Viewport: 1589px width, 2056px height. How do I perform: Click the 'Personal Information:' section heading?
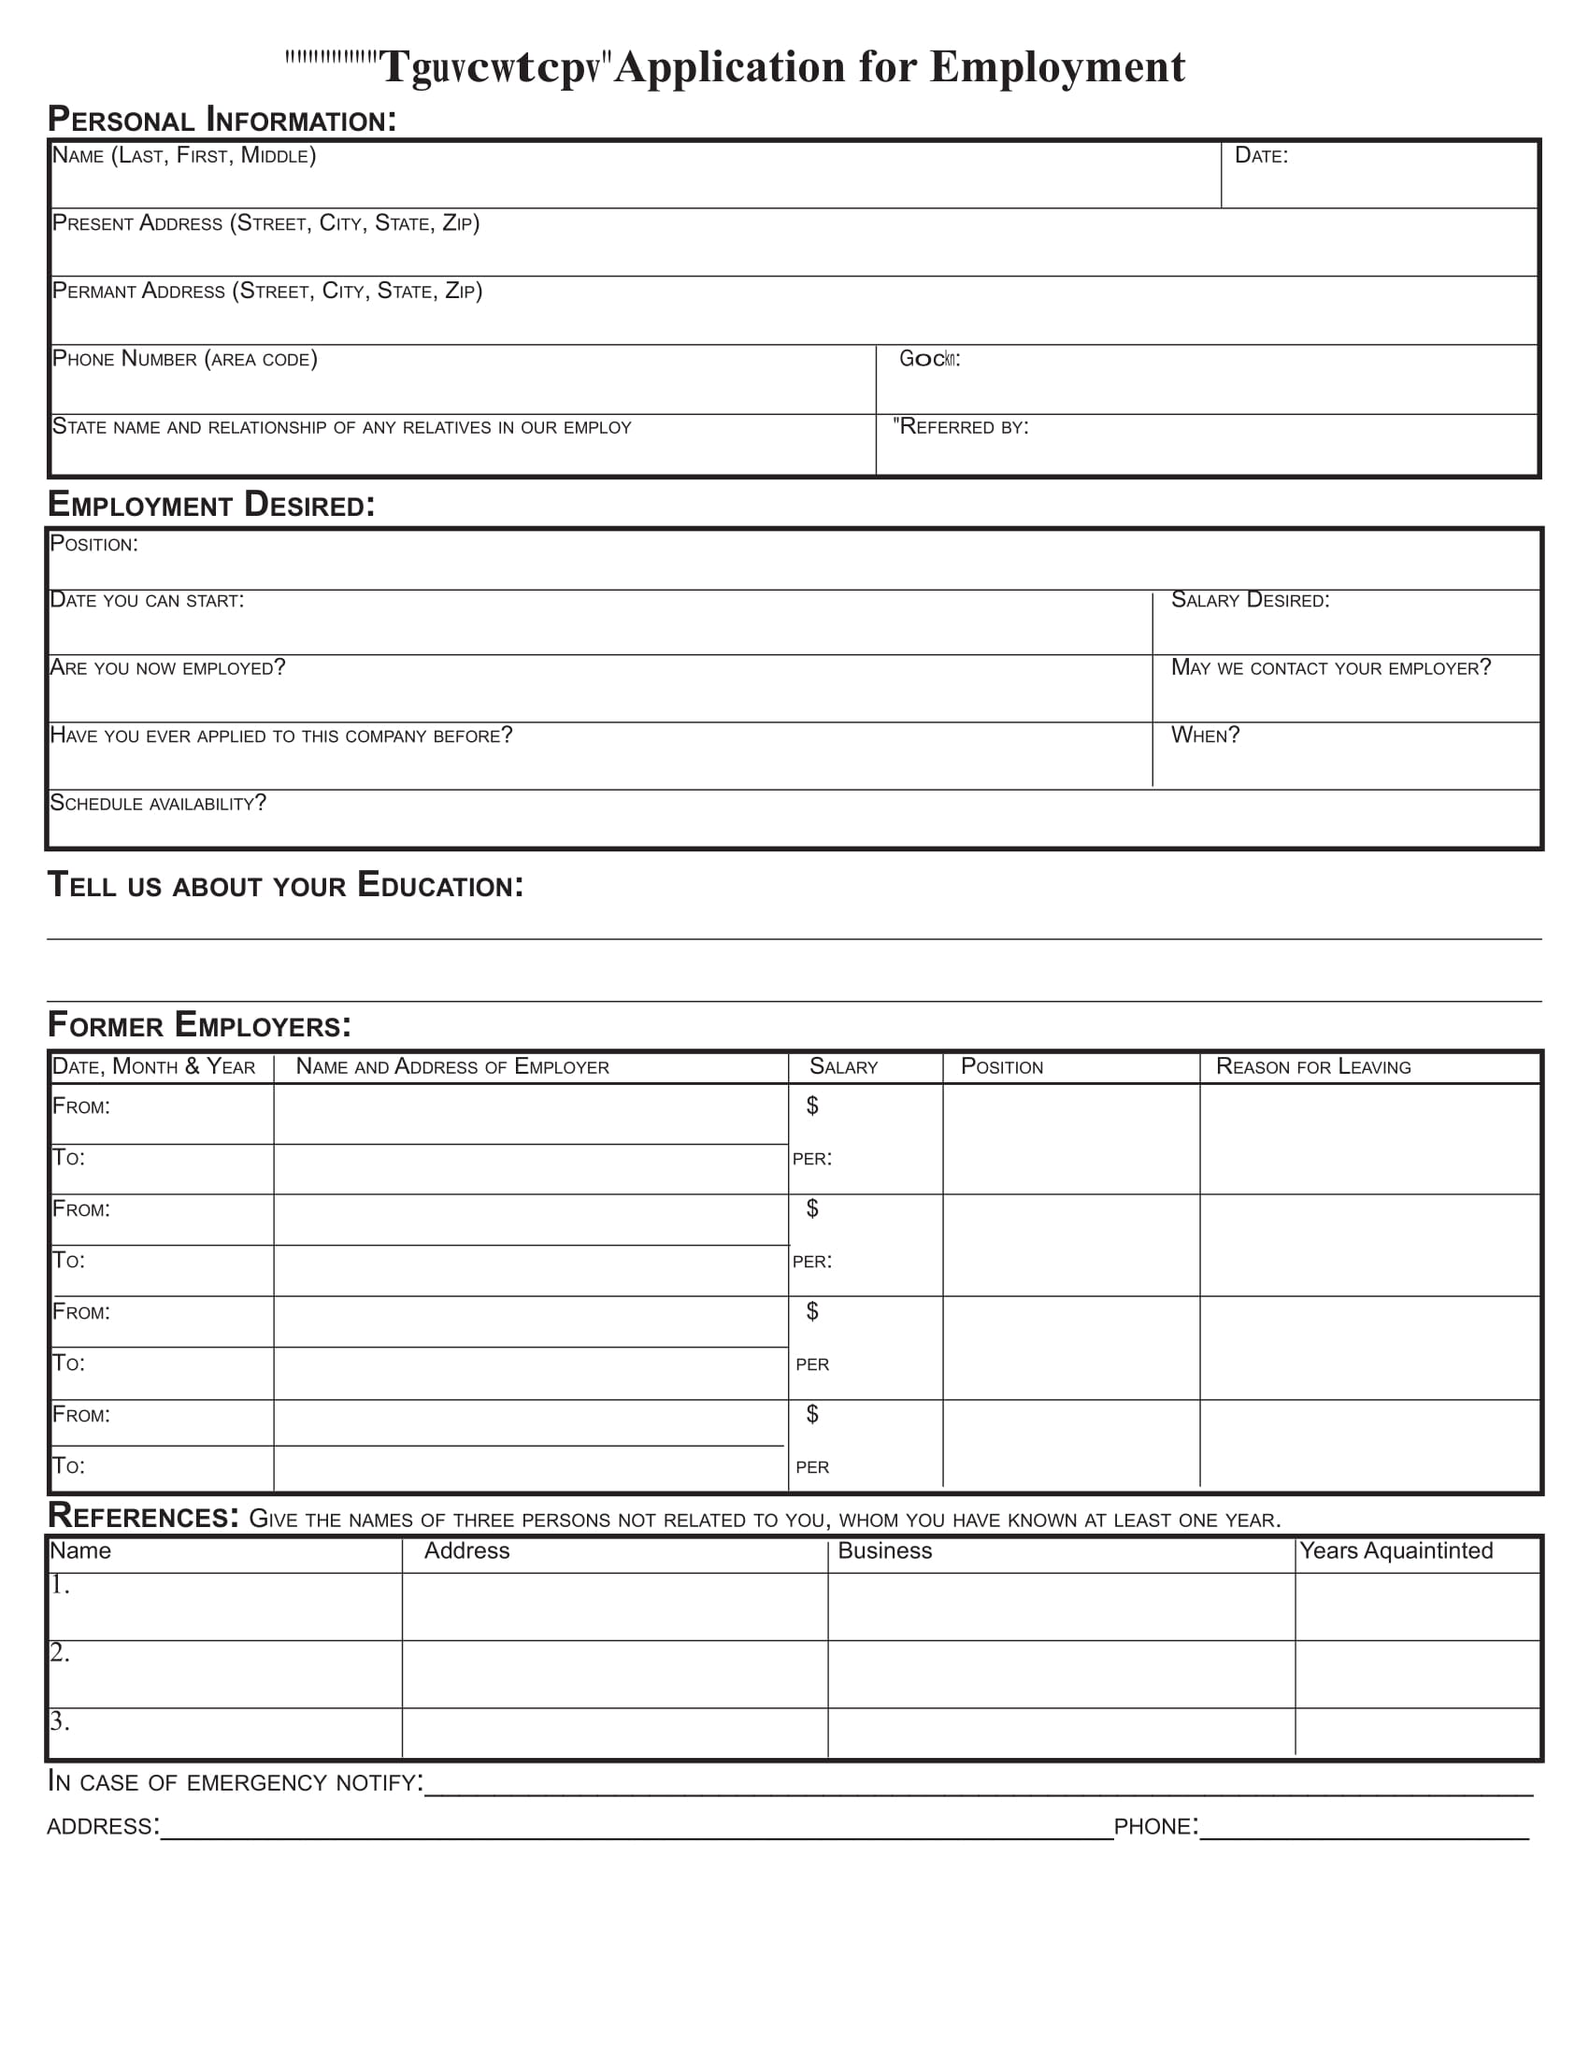click(222, 120)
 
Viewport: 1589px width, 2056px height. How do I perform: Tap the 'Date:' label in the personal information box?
click(1261, 155)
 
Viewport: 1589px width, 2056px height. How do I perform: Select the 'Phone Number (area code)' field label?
click(184, 359)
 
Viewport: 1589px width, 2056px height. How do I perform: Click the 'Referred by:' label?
click(962, 426)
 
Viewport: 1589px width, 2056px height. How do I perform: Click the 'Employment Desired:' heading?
click(212, 505)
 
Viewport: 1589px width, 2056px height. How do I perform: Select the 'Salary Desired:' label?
click(1249, 600)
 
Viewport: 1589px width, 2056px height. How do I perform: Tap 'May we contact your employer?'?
click(1330, 667)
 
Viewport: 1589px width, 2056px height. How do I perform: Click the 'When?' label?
click(1205, 735)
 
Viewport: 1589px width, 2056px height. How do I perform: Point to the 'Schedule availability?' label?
click(158, 803)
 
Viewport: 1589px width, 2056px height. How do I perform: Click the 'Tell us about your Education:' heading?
click(285, 885)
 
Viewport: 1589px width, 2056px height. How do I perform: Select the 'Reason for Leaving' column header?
click(1313, 1066)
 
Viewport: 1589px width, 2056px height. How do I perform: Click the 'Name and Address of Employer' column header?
click(451, 1066)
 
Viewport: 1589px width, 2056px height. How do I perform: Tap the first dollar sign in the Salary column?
click(812, 1106)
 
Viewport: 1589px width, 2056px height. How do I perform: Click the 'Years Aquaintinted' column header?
click(1396, 1550)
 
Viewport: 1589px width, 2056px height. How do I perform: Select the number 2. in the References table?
click(59, 1652)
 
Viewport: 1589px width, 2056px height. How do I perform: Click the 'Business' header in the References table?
click(884, 1550)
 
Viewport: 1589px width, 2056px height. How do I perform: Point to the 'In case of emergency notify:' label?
click(236, 1782)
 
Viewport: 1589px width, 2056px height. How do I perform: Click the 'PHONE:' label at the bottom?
click(1155, 1826)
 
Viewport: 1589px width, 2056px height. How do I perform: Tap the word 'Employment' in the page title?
click(1057, 67)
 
